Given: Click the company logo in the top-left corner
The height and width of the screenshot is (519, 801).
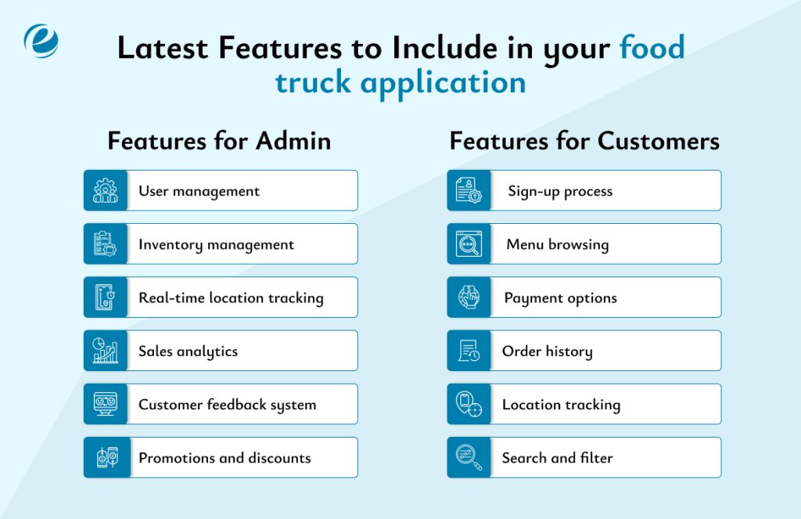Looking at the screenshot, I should pyautogui.click(x=41, y=41).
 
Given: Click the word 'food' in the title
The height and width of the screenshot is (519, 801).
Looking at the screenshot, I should pyautogui.click(x=652, y=48).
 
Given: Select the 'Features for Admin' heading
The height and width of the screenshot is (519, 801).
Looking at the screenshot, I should pyautogui.click(x=219, y=141).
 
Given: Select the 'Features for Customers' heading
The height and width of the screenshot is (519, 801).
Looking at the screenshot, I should pyautogui.click(x=584, y=141).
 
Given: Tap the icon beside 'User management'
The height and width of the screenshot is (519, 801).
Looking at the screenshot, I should pyautogui.click(x=106, y=191).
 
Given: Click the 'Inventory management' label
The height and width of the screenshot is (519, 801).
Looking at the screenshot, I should pyautogui.click(x=216, y=245).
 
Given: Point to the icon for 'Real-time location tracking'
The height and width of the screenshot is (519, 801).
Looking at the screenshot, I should pyautogui.click(x=106, y=297).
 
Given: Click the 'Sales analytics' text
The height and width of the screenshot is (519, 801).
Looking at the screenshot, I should pyautogui.click(x=188, y=351).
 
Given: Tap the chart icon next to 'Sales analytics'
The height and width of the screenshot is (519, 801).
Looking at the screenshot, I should pyautogui.click(x=106, y=351).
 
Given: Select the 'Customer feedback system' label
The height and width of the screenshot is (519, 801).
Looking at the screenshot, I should pyautogui.click(x=227, y=405).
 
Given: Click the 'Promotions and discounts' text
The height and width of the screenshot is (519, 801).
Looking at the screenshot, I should pyautogui.click(x=224, y=458).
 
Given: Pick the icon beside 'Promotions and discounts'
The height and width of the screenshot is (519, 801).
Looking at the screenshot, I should pyautogui.click(x=106, y=458).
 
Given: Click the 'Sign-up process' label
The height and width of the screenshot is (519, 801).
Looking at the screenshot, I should pyautogui.click(x=560, y=192).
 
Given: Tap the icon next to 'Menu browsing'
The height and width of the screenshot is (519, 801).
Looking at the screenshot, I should pyautogui.click(x=469, y=244).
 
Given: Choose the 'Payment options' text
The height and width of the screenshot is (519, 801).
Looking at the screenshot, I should pyautogui.click(x=560, y=298).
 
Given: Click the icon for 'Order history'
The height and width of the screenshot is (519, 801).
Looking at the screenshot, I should pyautogui.click(x=469, y=351).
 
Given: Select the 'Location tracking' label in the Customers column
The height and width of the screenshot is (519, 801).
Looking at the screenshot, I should pyautogui.click(x=561, y=405).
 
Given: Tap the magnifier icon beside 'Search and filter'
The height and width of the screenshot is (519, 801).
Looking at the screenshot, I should pyautogui.click(x=469, y=458).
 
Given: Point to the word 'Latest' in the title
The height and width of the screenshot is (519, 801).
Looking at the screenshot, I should pyautogui.click(x=163, y=48).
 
